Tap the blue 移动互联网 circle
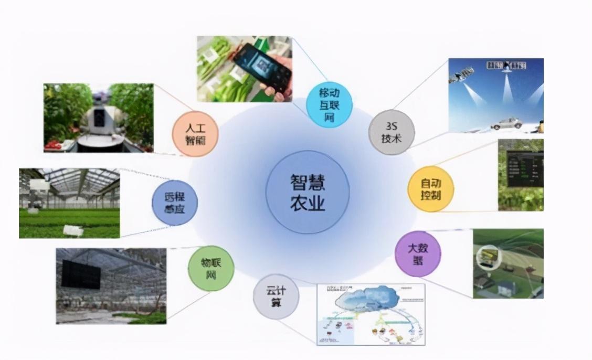tap(329, 103)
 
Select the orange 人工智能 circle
tap(195, 133)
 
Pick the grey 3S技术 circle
tap(392, 132)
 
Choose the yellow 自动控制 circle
tap(431, 189)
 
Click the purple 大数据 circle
tap(418, 253)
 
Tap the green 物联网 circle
tap(210, 268)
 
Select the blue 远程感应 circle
tap(175, 203)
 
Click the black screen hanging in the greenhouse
tap(81, 274)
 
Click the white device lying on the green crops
tap(72, 230)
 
